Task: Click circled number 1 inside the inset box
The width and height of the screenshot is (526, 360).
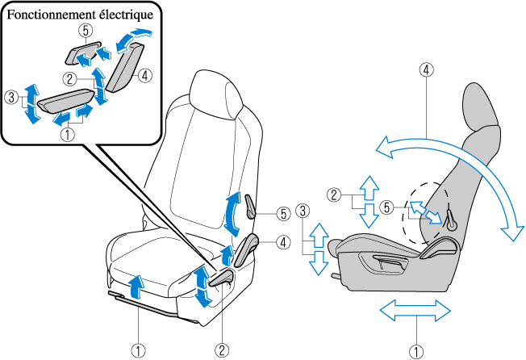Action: (68, 136)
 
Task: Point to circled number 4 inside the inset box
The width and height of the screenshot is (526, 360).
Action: (144, 76)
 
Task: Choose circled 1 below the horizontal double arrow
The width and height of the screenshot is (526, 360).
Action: (415, 350)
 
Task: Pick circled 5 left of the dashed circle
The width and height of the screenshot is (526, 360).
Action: (388, 207)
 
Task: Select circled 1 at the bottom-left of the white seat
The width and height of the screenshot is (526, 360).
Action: (139, 350)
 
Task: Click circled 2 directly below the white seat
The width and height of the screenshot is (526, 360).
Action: (220, 350)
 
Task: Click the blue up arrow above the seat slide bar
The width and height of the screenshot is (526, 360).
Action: (138, 284)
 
